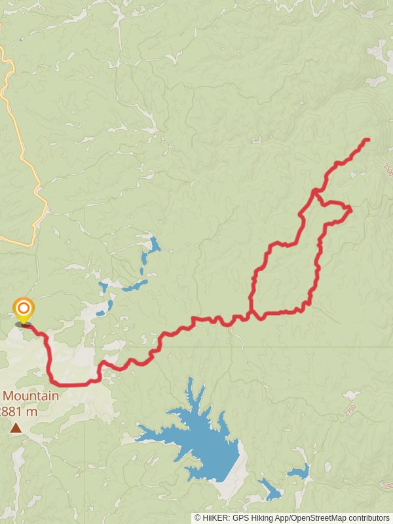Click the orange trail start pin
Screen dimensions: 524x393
click(x=24, y=309)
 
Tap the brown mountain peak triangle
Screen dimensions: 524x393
click(x=15, y=428)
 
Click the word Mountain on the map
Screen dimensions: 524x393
click(x=30, y=396)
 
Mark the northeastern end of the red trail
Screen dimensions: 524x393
click(x=367, y=140)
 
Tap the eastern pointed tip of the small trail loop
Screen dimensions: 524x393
click(x=350, y=209)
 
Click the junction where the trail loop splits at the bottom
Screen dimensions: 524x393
click(x=251, y=314)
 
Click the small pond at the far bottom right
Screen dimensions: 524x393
click(x=299, y=472)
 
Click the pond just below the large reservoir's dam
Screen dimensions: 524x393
click(x=269, y=489)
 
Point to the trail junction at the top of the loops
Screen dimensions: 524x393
click(x=315, y=192)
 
